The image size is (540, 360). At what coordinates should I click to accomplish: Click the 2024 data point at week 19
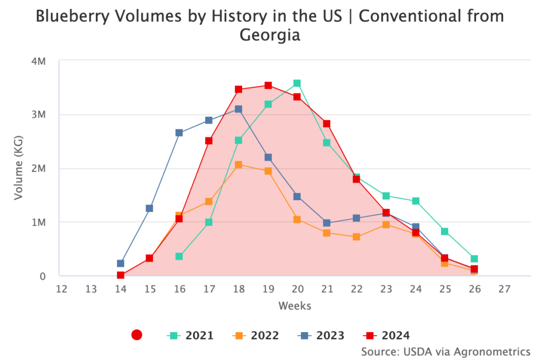[268, 85]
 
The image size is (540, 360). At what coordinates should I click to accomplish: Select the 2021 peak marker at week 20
[297, 83]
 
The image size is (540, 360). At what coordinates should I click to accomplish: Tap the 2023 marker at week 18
[238, 109]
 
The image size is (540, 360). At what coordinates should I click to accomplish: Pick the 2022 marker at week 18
[238, 165]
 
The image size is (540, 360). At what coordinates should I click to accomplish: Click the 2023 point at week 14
[120, 264]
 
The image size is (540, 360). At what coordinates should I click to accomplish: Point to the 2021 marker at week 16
[179, 256]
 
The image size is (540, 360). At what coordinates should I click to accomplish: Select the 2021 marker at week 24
[416, 201]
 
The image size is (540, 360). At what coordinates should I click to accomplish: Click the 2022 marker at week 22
[356, 237]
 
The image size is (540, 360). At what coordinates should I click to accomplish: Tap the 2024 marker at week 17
[209, 141]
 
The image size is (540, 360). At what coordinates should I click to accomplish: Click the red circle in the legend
[137, 335]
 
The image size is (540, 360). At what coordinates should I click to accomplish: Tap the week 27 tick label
[504, 289]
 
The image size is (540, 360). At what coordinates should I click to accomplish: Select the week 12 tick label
[61, 289]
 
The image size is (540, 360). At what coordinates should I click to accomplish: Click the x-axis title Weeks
[295, 306]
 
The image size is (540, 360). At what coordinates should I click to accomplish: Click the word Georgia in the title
[269, 35]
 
